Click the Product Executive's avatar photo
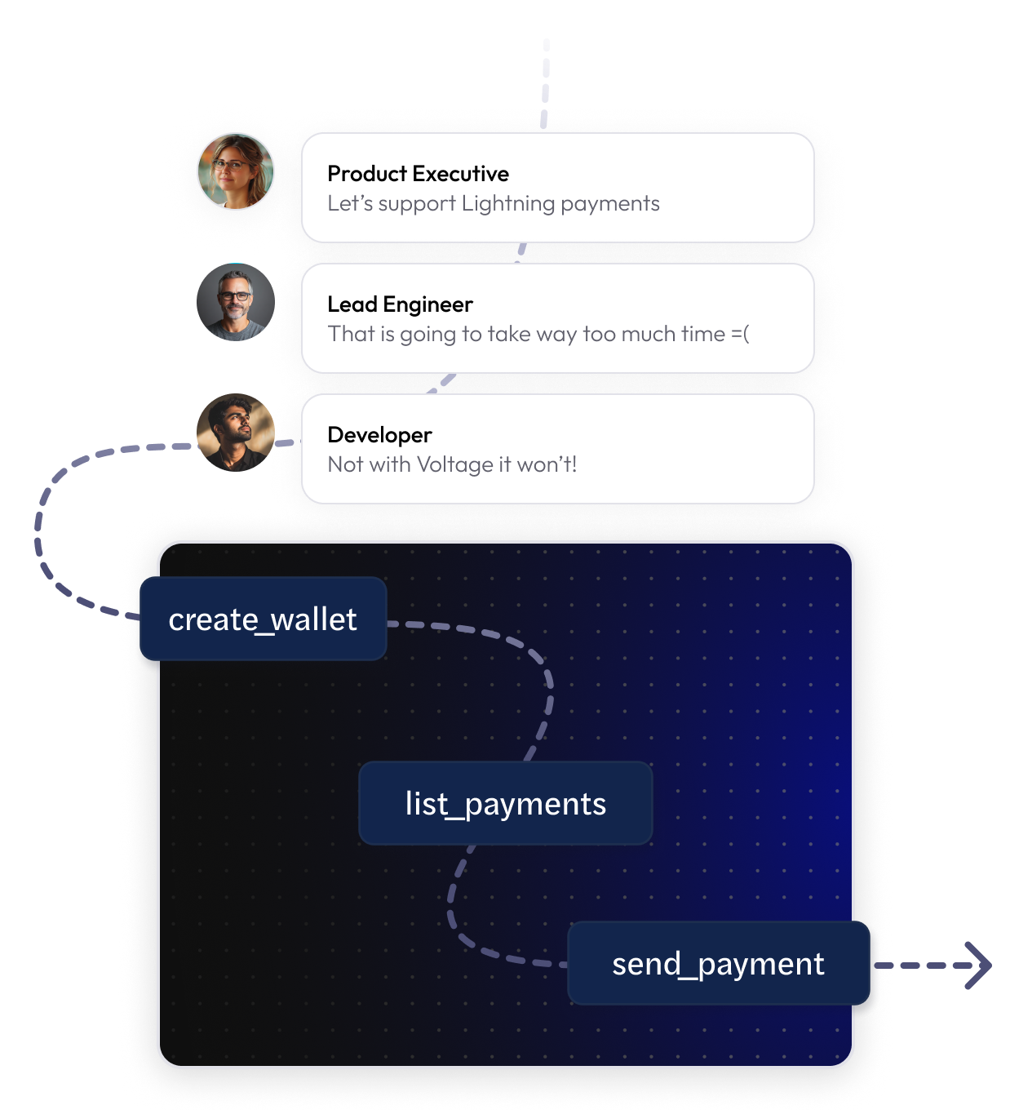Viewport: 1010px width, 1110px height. pos(236,172)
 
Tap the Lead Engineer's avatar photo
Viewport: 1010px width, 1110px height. pos(236,302)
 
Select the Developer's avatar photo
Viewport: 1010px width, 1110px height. pos(236,433)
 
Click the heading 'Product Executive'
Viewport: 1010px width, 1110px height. pos(418,174)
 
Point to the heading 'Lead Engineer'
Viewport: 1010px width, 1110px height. pos(400,304)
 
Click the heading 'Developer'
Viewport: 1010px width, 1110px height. pos(379,435)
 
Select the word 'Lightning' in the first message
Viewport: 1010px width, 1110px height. pos(508,203)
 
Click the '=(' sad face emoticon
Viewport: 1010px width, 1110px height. pos(740,334)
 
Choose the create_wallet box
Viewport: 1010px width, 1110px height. pos(263,619)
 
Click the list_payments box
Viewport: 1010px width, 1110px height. pos(506,804)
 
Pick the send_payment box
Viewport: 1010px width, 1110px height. pos(718,964)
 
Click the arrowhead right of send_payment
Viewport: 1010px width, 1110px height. pos(979,966)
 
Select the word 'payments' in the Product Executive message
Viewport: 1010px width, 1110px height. pos(610,203)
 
